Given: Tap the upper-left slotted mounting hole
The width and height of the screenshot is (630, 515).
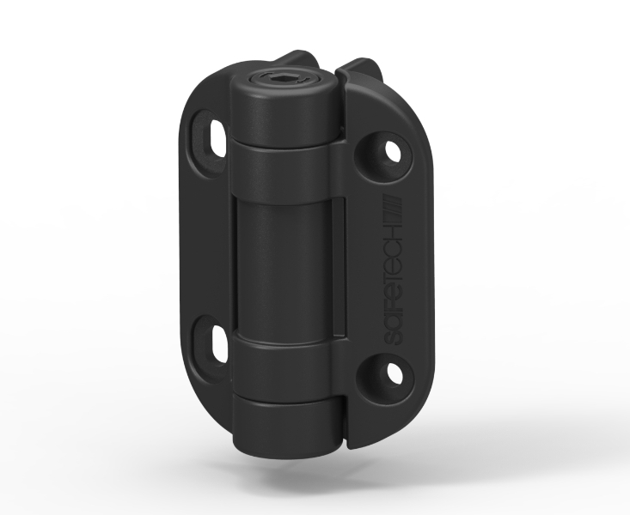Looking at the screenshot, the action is coord(217,138).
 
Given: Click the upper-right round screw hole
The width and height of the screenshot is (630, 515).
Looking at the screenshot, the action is coord(394,152).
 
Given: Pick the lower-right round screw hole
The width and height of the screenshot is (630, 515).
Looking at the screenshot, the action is coord(395,373).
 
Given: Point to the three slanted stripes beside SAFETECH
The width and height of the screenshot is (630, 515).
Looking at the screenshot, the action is coord(393,208).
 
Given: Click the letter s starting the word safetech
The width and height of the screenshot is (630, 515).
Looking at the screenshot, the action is coord(394,338).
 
